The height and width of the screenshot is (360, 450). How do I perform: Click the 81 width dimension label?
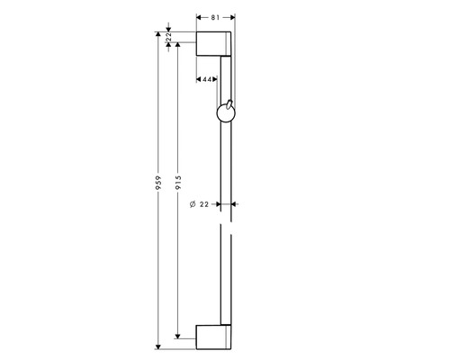point(215,18)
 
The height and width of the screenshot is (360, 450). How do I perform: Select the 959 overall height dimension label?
point(158,183)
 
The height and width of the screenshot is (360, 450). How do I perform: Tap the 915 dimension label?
point(178,183)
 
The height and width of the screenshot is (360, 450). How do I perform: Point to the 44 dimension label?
point(207,79)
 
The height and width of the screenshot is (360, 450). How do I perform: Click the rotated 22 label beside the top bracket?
point(168,37)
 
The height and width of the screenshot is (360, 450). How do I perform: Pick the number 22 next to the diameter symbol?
point(204,204)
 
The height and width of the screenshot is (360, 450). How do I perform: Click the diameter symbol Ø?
point(193,204)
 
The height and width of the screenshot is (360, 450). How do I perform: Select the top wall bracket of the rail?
point(213,44)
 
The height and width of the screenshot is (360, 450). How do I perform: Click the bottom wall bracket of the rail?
point(213,337)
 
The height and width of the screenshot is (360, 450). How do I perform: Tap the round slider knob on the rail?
point(226,113)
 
